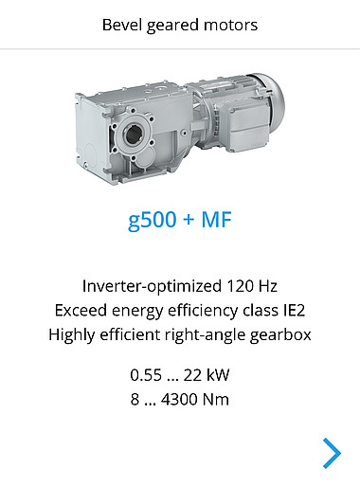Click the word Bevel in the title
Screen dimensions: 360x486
(x=121, y=25)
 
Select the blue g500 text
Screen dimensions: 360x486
(x=152, y=220)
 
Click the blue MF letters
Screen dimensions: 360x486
(x=217, y=220)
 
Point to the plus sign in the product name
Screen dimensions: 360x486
(x=189, y=220)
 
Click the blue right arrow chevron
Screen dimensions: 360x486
(x=333, y=453)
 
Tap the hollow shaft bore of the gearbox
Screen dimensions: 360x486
(x=134, y=135)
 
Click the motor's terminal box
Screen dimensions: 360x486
(x=249, y=128)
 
